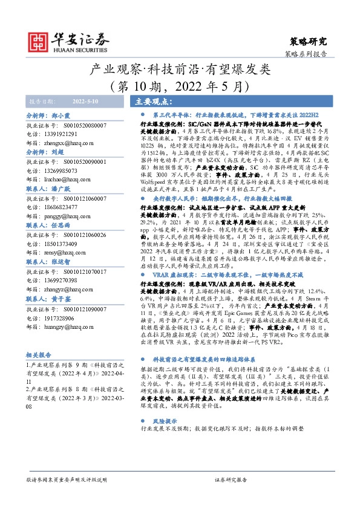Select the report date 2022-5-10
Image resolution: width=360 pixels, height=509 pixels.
pyautogui.click(x=86, y=102)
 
